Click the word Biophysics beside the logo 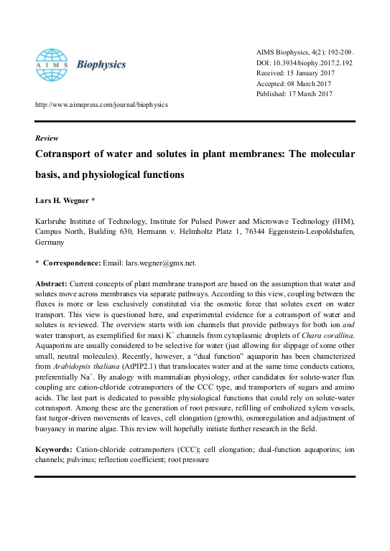coord(103,64)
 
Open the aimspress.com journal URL coord(101,104)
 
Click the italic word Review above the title coord(47,138)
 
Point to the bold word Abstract coord(52,284)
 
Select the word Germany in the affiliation coord(51,243)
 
